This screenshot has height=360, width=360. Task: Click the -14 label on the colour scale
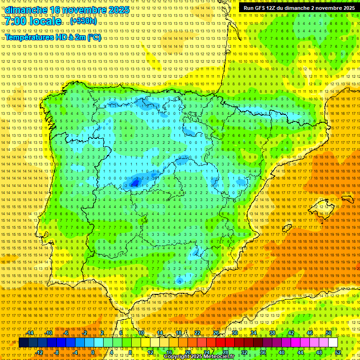pyautogui.click(x=30, y=333)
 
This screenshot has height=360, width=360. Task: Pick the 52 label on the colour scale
pyautogui.click(x=338, y=352)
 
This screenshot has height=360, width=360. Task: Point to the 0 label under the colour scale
pyautogui.click(x=93, y=352)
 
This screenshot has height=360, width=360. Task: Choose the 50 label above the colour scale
pyautogui.click(x=329, y=333)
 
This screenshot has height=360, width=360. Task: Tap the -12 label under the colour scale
pyautogui.click(x=39, y=352)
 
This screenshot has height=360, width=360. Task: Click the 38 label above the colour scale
pyautogui.click(x=272, y=333)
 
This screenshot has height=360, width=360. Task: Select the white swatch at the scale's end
pyautogui.click(x=333, y=343)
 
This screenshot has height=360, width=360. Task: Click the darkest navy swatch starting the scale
pyautogui.click(x=23, y=343)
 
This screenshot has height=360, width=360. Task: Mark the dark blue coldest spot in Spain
pyautogui.click(x=135, y=183)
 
